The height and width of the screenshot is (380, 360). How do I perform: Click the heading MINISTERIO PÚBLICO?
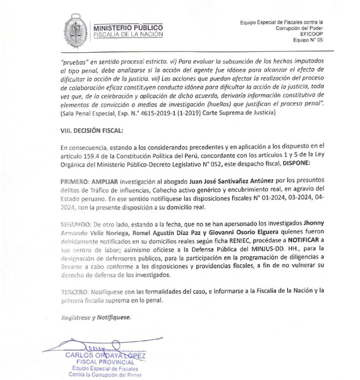coord(128,27)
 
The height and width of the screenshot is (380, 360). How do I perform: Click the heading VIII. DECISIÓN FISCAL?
coord(92,131)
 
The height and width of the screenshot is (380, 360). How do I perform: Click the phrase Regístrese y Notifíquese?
coord(95,317)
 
